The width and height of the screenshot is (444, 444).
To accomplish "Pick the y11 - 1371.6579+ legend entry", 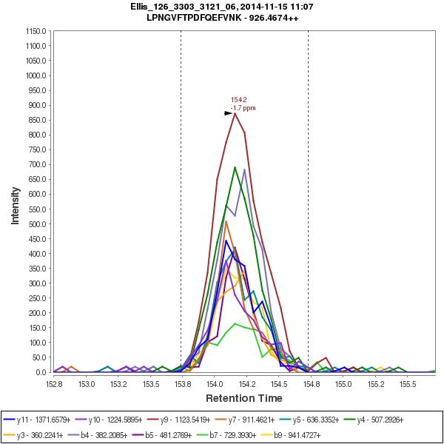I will pos(42,420).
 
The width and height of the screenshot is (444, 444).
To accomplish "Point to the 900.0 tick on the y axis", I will pos(37,105).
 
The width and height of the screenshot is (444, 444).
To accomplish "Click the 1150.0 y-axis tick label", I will pos(36,31).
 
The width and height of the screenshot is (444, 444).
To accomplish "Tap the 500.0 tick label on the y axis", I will pos(37,224).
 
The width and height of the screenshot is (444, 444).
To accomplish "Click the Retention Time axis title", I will pos(243,398).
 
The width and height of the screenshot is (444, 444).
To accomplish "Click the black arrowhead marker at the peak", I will pos(228,113).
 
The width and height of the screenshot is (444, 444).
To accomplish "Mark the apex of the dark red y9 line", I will pos(235,113).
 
